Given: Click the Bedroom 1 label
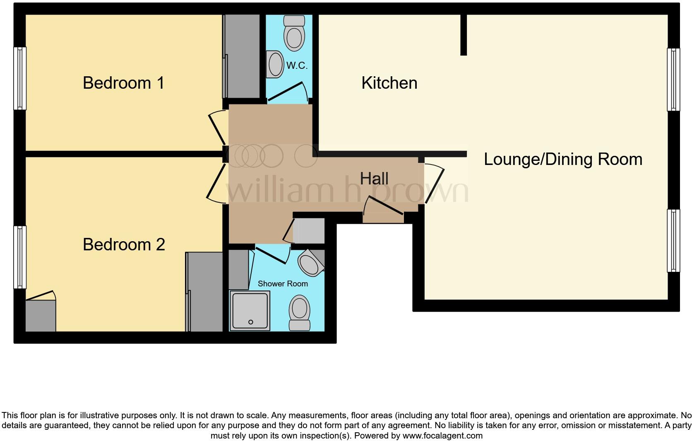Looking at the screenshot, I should click(123, 83).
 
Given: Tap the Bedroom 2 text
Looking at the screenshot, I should click(124, 245).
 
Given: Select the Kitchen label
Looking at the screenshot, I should click(389, 83).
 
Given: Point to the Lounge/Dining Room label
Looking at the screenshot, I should click(563, 159).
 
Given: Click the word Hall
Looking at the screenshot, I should click(374, 179).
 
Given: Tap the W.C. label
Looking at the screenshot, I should click(297, 65).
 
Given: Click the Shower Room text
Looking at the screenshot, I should click(283, 283).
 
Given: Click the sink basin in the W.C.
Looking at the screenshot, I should click(274, 65).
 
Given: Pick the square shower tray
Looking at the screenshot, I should click(250, 310).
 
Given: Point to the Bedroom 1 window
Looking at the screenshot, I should click(20, 78).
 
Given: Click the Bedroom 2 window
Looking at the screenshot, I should click(20, 257).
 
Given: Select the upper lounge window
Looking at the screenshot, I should click(673, 80).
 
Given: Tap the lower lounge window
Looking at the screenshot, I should click(673, 240).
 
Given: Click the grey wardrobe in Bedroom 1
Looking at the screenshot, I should click(243, 56).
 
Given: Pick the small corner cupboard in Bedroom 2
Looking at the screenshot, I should click(41, 316).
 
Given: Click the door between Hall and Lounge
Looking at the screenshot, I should click(433, 184).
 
